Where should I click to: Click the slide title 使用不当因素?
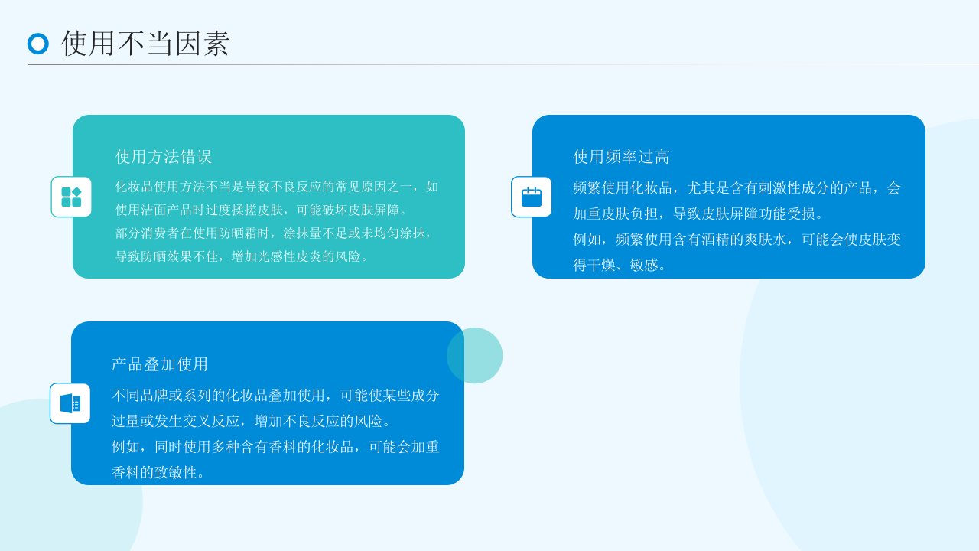[x=145, y=44]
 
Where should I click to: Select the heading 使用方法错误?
[x=164, y=157]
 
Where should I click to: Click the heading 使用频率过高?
[x=621, y=157]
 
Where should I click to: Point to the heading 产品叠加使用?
[x=160, y=364]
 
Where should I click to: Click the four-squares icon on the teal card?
[x=71, y=197]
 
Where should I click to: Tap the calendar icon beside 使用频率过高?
[x=532, y=197]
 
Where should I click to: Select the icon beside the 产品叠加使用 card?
[x=70, y=403]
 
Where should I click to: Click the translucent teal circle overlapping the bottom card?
[x=475, y=356]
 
